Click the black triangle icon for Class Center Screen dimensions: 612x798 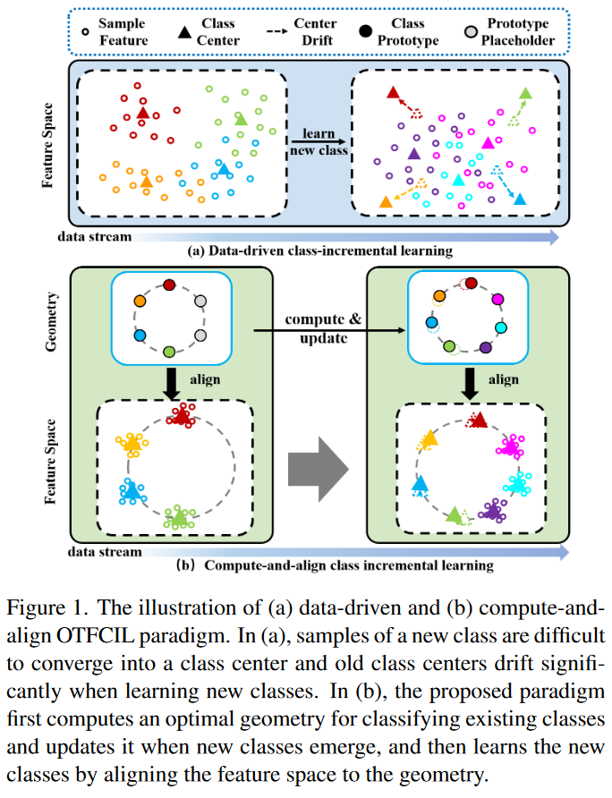pos(184,32)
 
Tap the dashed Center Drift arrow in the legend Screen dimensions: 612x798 pos(277,31)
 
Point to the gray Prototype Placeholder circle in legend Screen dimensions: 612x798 pos(471,32)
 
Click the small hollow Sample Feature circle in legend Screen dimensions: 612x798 pos(86,31)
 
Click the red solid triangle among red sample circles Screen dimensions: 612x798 pos(143,113)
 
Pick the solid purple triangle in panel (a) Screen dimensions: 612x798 pos(414,153)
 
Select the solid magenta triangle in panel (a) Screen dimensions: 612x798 pos(488,142)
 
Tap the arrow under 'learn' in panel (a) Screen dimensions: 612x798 pos(319,141)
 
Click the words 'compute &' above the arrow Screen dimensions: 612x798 pos(323,319)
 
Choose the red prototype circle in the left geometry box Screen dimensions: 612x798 pos(169,285)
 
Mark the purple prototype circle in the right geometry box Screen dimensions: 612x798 pos(486,347)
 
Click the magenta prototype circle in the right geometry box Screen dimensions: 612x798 pos(498,299)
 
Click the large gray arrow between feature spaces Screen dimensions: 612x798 pos(319,469)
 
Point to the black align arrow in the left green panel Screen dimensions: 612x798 pos(172,383)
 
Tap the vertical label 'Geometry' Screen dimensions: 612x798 pos(51,322)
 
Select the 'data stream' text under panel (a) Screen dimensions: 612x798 pos(95,237)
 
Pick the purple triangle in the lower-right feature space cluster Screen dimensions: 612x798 pos(492,509)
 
